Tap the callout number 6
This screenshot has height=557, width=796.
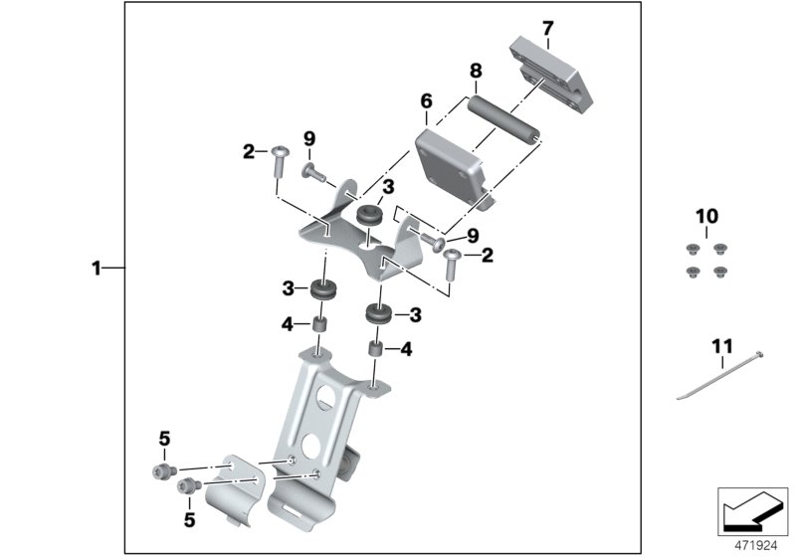(x=426, y=101)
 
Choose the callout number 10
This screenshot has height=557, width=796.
(x=706, y=216)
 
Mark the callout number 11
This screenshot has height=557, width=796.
(x=721, y=347)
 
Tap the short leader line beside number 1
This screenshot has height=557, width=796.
(x=113, y=268)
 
